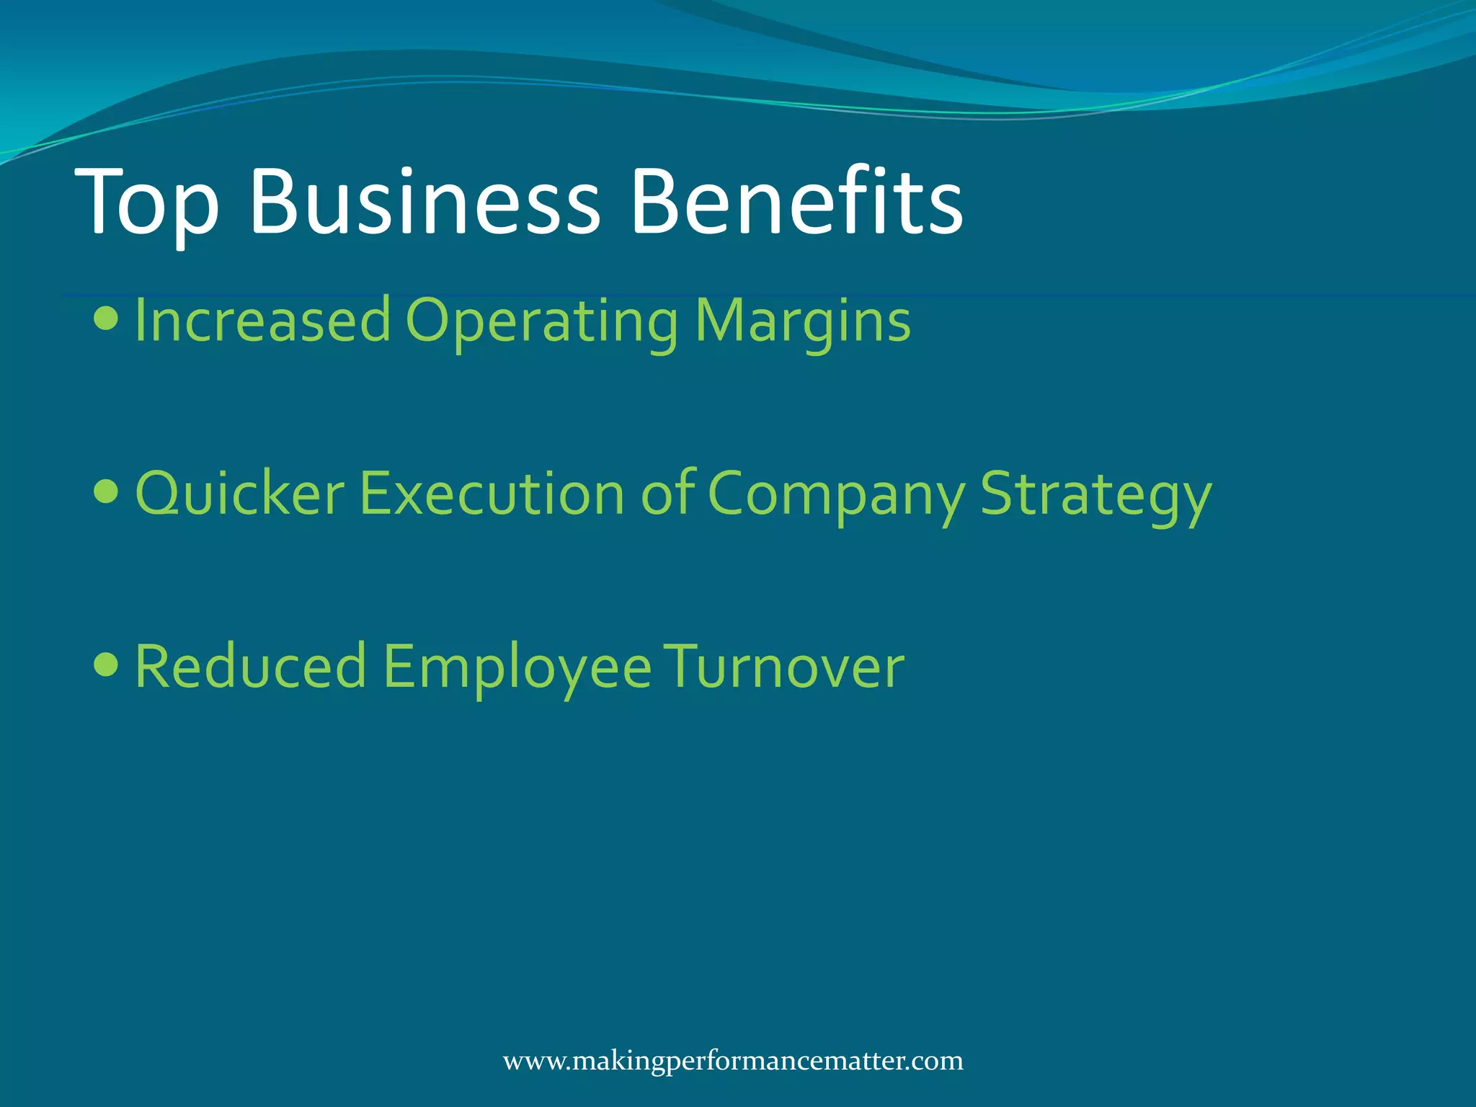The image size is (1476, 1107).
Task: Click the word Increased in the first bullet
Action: point(262,321)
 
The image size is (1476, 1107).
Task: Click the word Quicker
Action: point(240,494)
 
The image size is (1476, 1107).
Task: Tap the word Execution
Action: point(492,494)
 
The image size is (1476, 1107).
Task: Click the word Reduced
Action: point(250,667)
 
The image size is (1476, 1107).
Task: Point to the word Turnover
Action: point(783,667)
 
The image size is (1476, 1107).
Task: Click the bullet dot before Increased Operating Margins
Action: point(106,318)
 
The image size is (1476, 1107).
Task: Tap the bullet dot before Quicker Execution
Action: point(106,492)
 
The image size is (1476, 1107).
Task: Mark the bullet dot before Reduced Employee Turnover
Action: point(106,664)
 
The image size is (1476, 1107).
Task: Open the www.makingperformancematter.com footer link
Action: point(733,1062)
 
